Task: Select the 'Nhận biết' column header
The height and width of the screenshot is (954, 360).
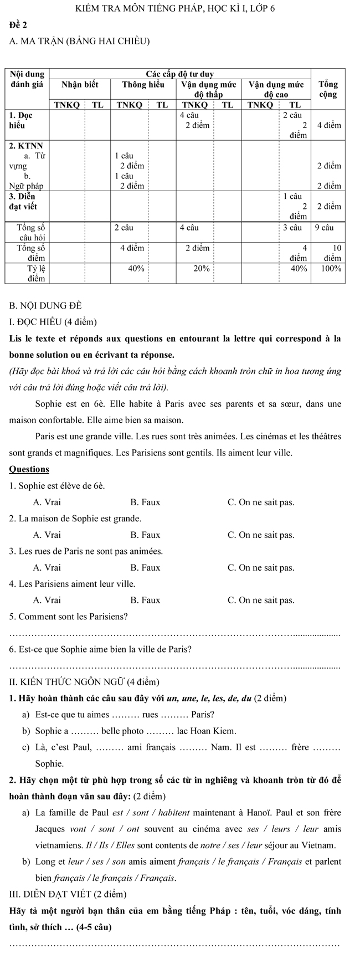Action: coord(79,85)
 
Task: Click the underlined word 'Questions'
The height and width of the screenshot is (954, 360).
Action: coord(29,469)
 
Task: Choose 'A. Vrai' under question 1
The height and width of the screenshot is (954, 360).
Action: coord(47,502)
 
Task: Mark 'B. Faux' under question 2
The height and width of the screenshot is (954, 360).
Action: coord(145,535)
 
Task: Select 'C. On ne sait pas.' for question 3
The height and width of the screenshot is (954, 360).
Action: coord(261,568)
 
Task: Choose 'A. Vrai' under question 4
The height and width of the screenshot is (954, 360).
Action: coord(47,601)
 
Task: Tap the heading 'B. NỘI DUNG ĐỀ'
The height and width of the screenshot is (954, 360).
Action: coord(46,305)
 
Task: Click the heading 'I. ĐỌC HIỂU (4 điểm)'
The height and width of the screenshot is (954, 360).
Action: coord(53,322)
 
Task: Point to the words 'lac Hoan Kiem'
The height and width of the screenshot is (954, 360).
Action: coord(205,731)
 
